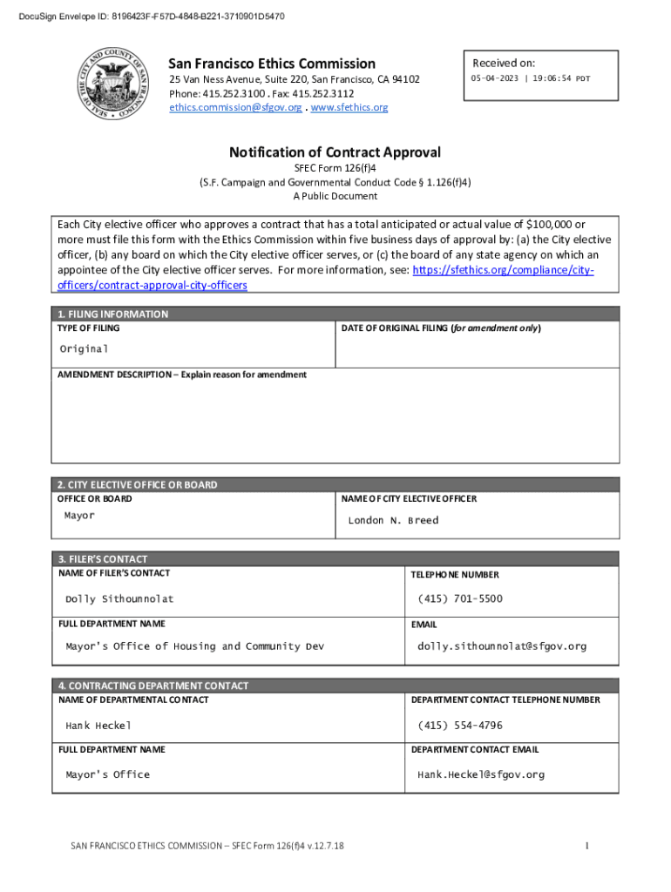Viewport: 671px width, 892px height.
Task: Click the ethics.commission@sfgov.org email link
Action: (x=235, y=108)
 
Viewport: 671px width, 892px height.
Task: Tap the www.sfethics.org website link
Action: (x=349, y=108)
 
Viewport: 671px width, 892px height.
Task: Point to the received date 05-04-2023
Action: (x=496, y=78)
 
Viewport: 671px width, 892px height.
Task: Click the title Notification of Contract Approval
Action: (x=335, y=152)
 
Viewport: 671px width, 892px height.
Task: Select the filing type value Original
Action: (x=84, y=348)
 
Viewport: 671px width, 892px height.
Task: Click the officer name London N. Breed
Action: (x=393, y=521)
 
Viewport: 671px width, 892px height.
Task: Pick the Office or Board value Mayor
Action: (x=79, y=516)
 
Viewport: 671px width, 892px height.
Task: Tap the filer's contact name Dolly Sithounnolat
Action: (x=119, y=599)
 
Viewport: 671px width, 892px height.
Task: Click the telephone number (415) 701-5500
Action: (x=459, y=599)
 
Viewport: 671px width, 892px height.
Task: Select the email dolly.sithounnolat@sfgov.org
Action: (x=502, y=646)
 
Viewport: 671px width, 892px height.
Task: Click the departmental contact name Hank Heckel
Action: (x=98, y=726)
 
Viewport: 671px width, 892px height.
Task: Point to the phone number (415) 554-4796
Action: (x=459, y=726)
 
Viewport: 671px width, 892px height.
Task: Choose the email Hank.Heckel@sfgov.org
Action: (x=481, y=774)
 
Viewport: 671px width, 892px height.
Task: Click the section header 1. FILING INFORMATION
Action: (x=112, y=314)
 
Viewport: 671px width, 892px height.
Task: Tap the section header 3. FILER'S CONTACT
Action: (x=103, y=559)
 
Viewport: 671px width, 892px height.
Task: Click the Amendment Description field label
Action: (x=182, y=375)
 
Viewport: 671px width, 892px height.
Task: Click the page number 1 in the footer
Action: (x=588, y=846)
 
